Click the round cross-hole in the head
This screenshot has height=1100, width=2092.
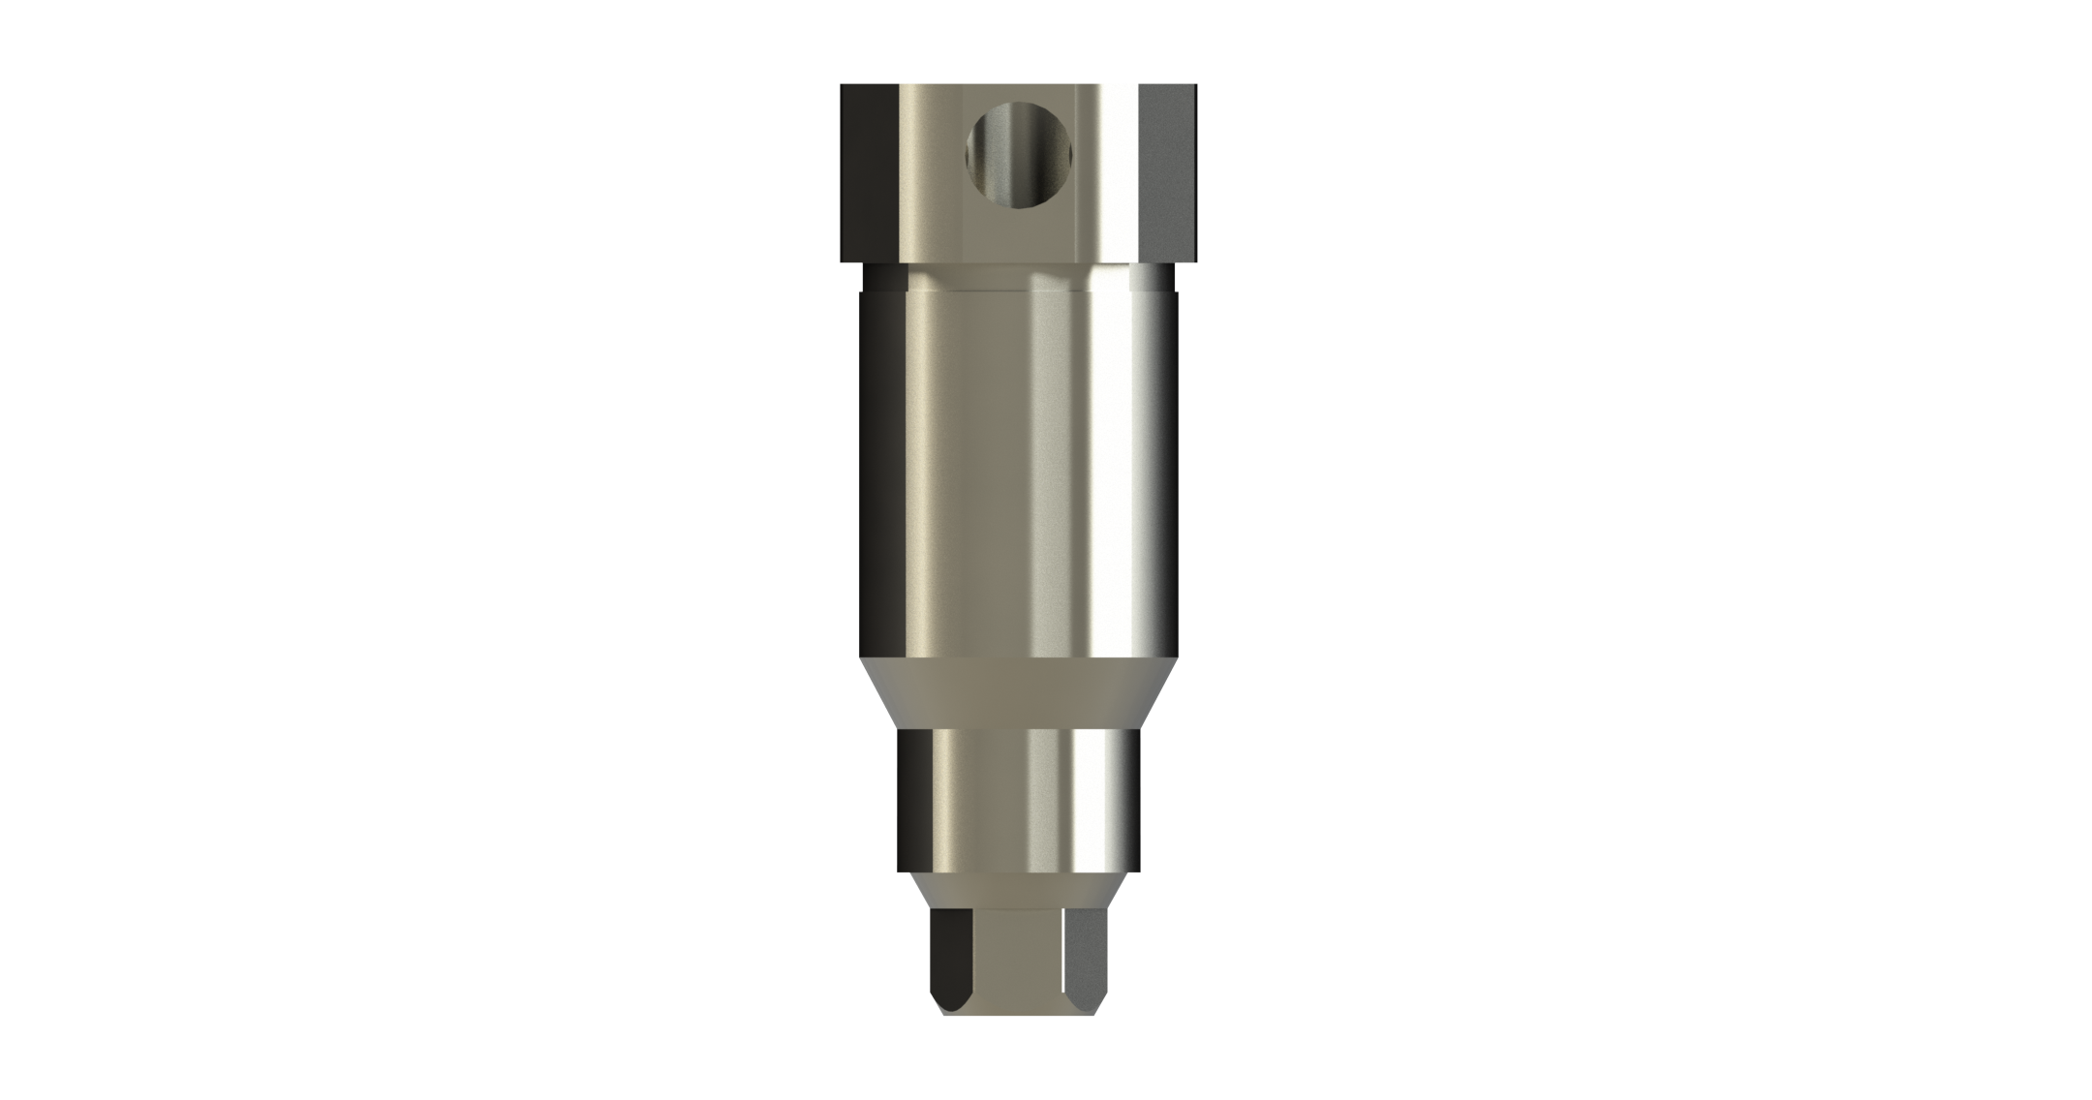1019,156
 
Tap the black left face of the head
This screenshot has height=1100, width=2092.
869,174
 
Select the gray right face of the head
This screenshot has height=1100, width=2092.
1168,174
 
